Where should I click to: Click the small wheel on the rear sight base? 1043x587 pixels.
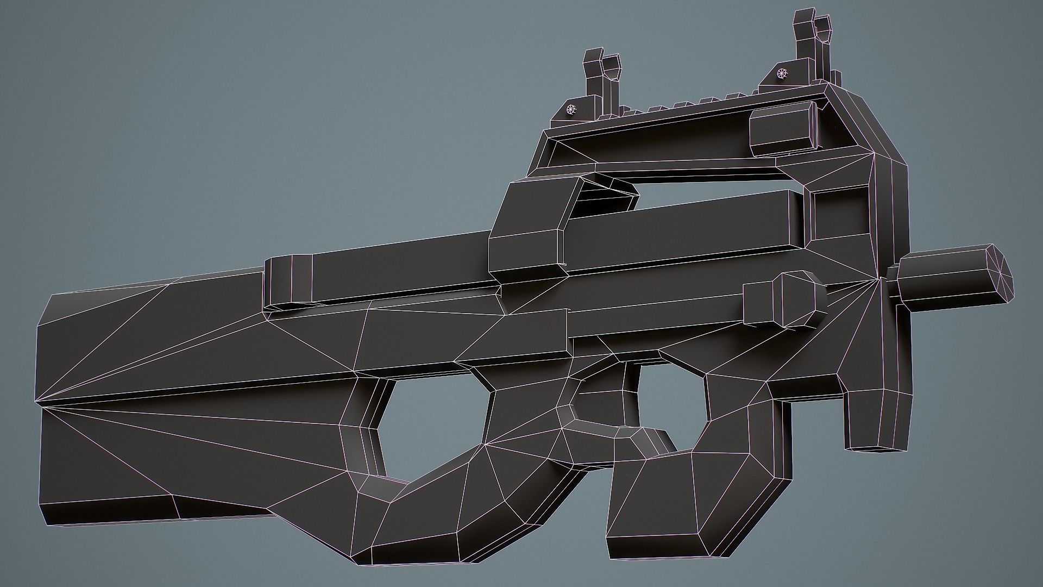[x=570, y=110]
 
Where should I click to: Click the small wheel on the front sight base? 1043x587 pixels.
[x=782, y=72]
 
